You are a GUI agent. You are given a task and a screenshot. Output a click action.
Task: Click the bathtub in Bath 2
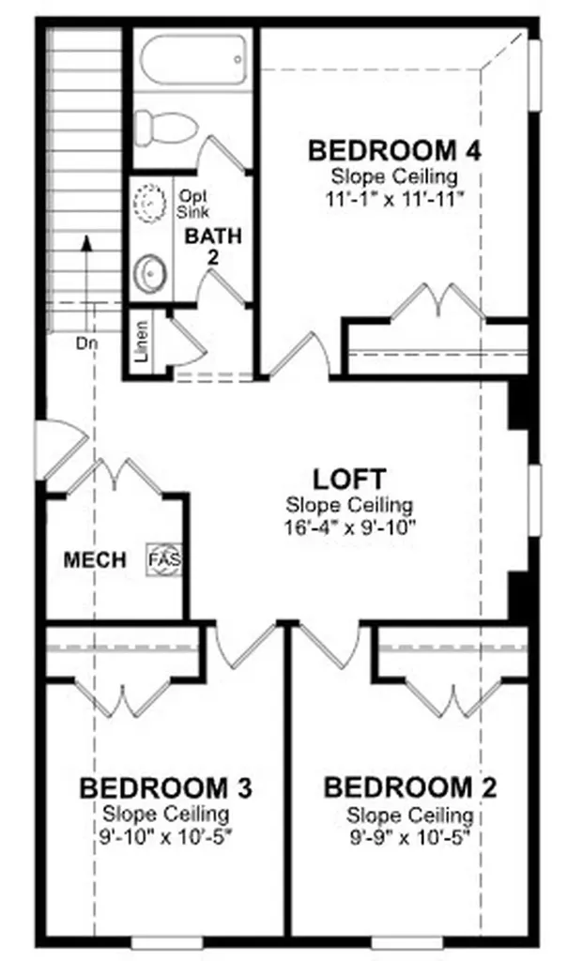(x=193, y=61)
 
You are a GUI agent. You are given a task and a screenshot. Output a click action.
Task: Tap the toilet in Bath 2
(x=164, y=128)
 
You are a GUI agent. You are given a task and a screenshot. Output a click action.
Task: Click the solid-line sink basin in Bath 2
(x=150, y=273)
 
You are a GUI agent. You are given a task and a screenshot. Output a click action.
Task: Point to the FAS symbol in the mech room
(x=165, y=559)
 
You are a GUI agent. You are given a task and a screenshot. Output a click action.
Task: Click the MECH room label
(x=95, y=559)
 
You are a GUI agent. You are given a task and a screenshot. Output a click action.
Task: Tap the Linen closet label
(x=141, y=342)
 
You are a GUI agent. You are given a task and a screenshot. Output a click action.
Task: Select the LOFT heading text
(x=349, y=480)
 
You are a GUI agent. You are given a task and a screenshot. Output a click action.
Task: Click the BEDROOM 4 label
(x=394, y=151)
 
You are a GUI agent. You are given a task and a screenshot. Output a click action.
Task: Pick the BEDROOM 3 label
(x=165, y=788)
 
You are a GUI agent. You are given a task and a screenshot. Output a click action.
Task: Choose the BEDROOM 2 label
(x=410, y=788)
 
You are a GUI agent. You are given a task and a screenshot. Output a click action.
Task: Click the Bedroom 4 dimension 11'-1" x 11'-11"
(x=394, y=199)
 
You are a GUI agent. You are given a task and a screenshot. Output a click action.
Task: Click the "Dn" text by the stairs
(x=87, y=343)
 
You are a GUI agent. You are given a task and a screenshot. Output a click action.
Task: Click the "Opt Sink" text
(x=193, y=204)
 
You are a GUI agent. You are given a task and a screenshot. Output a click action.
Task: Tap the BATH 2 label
(x=213, y=245)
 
